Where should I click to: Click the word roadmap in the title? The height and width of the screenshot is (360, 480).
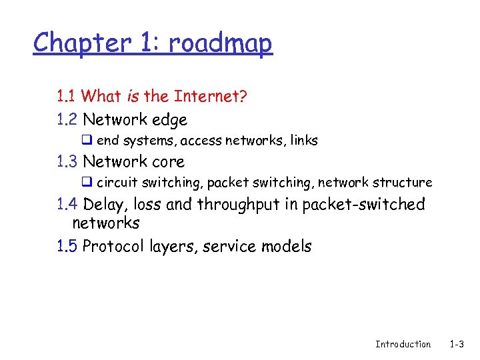click(220, 43)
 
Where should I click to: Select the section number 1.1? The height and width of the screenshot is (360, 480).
click(65, 97)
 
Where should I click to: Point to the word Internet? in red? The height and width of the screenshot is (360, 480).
click(211, 97)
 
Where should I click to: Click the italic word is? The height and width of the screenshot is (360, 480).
click(132, 97)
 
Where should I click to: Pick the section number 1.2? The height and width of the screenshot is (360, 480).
click(67, 120)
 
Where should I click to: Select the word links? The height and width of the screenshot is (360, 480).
click(304, 141)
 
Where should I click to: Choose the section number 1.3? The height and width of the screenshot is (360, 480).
click(67, 161)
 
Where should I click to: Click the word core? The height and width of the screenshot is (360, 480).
click(168, 162)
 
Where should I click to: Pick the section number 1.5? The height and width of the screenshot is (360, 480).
click(67, 246)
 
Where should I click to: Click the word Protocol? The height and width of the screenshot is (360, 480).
click(110, 246)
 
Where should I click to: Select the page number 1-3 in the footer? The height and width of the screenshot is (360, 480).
click(457, 344)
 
